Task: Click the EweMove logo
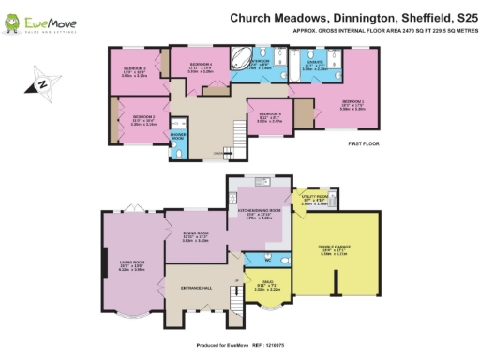(39, 20)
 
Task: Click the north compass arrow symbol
(41, 82)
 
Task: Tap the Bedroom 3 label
(133, 70)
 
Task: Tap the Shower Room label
(179, 136)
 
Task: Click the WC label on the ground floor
(268, 256)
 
